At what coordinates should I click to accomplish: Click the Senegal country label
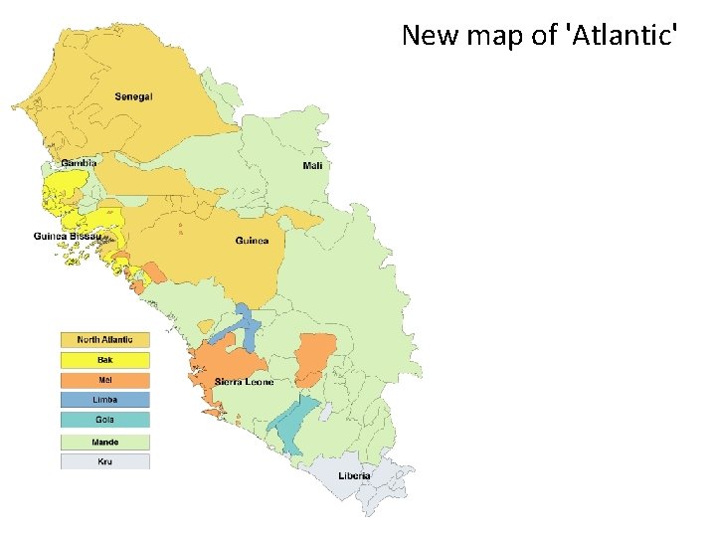pos(133,96)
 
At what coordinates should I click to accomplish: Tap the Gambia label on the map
pos(79,162)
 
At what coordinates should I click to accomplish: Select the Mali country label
pos(312,165)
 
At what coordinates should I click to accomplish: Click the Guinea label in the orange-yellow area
pos(252,241)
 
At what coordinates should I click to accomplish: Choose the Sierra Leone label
pos(244,382)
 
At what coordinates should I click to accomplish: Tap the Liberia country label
pos(352,475)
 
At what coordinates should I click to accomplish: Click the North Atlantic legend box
pos(104,340)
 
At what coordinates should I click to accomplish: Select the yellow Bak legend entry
pos(104,360)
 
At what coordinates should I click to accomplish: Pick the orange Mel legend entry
pos(104,380)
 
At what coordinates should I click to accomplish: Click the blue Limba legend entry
pos(104,400)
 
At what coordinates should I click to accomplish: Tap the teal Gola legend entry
pos(104,420)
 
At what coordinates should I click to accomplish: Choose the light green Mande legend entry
pos(104,442)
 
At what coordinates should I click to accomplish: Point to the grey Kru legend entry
pos(104,461)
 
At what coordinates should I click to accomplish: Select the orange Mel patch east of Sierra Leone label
pos(315,355)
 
